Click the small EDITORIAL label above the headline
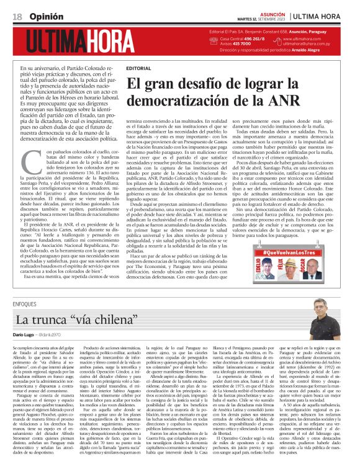tap(138, 68)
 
